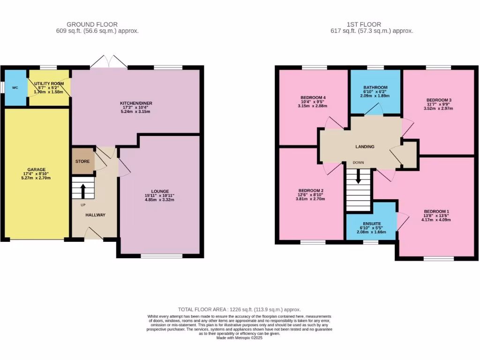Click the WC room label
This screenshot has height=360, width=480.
coord(15,88)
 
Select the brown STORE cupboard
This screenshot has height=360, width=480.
coord(82,161)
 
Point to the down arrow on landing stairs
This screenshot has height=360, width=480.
coord(358,176)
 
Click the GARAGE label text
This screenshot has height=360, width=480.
coord(36,169)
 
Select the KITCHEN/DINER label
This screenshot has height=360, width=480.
coord(136,103)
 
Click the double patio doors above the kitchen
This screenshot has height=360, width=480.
coord(109,62)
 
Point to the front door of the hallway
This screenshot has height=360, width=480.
coord(94,233)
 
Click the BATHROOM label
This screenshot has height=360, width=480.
coord(375,88)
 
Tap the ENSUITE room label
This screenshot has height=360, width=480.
coord(372,224)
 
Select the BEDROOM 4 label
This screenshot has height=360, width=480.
coord(313,97)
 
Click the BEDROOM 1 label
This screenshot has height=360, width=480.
coord(436,211)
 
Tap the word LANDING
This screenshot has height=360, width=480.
coord(365,147)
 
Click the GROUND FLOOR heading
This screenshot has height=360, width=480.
coord(92,24)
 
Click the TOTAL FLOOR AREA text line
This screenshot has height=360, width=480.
coord(240,309)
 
